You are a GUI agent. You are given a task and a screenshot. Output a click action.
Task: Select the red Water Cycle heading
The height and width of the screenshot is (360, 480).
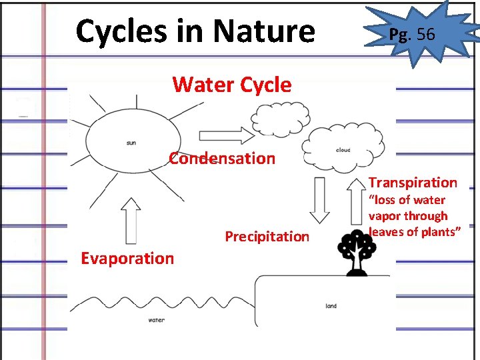point(231,85)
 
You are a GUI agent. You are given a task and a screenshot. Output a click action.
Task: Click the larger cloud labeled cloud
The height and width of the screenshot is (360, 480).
point(343,150)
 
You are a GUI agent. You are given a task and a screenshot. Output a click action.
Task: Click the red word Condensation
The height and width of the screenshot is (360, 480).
point(221,159)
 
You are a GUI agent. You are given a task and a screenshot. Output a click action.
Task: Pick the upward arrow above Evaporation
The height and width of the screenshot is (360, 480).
point(131,221)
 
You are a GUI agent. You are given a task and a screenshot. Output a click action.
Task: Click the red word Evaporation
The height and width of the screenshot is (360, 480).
point(127,259)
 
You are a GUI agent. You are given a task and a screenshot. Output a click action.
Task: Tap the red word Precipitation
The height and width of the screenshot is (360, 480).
point(267,237)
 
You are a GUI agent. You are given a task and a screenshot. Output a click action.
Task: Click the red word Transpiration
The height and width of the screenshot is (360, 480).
point(413,183)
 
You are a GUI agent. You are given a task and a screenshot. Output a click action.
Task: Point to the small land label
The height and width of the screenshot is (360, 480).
point(331,306)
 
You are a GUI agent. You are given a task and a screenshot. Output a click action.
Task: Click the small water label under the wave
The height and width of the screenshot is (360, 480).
point(156,320)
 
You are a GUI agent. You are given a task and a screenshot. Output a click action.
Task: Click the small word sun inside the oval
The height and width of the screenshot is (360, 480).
point(131,143)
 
